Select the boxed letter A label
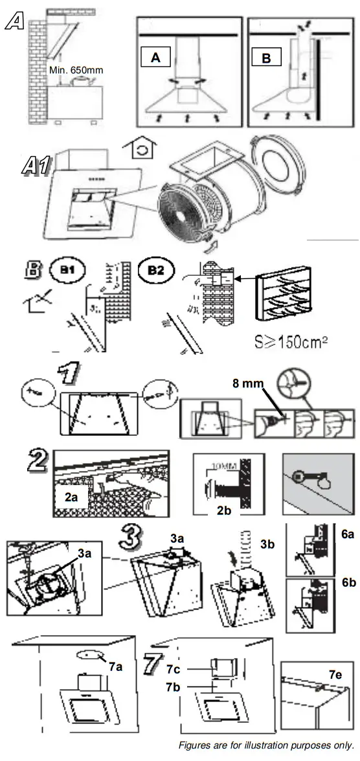[156, 58]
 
